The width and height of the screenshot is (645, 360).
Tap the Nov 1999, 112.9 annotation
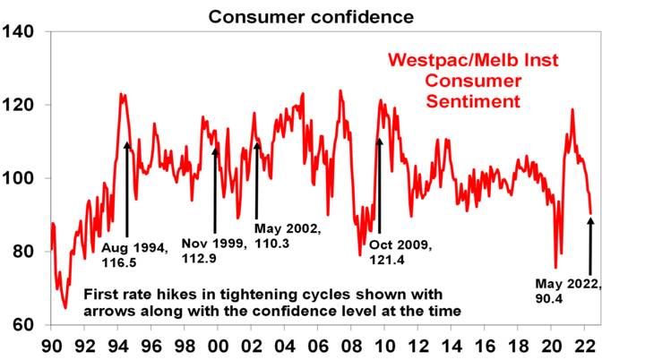pyautogui.click(x=214, y=251)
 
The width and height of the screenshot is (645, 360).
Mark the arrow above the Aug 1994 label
pyautogui.click(x=126, y=188)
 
